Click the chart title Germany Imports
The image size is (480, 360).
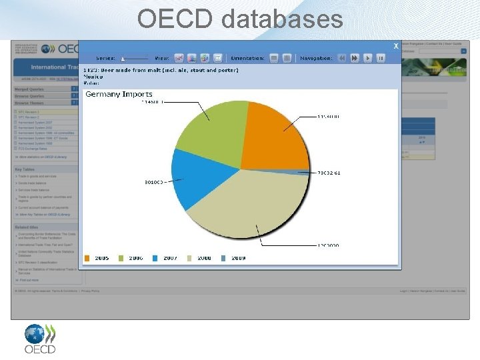(x=119, y=94)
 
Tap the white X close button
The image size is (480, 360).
(x=396, y=46)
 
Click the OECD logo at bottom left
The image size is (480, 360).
(x=39, y=339)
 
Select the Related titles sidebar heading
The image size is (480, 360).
(x=28, y=227)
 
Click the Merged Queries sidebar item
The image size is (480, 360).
(x=30, y=88)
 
